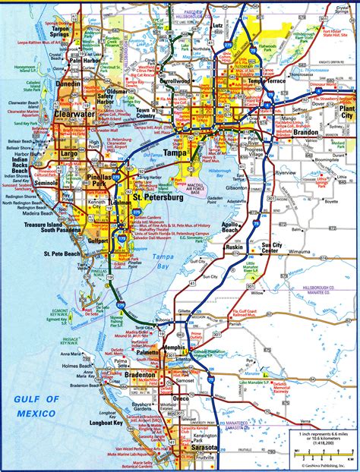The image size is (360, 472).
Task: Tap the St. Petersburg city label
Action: (158, 199)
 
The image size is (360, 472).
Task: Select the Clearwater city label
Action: (74, 117)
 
